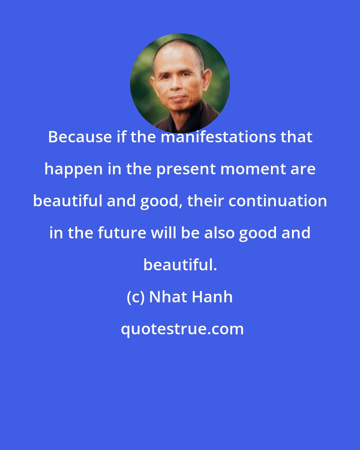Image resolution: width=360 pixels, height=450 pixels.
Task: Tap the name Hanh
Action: [212, 297]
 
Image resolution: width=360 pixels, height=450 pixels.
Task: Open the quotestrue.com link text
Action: [182, 329]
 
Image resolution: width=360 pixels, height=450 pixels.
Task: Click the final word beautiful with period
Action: [180, 265]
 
